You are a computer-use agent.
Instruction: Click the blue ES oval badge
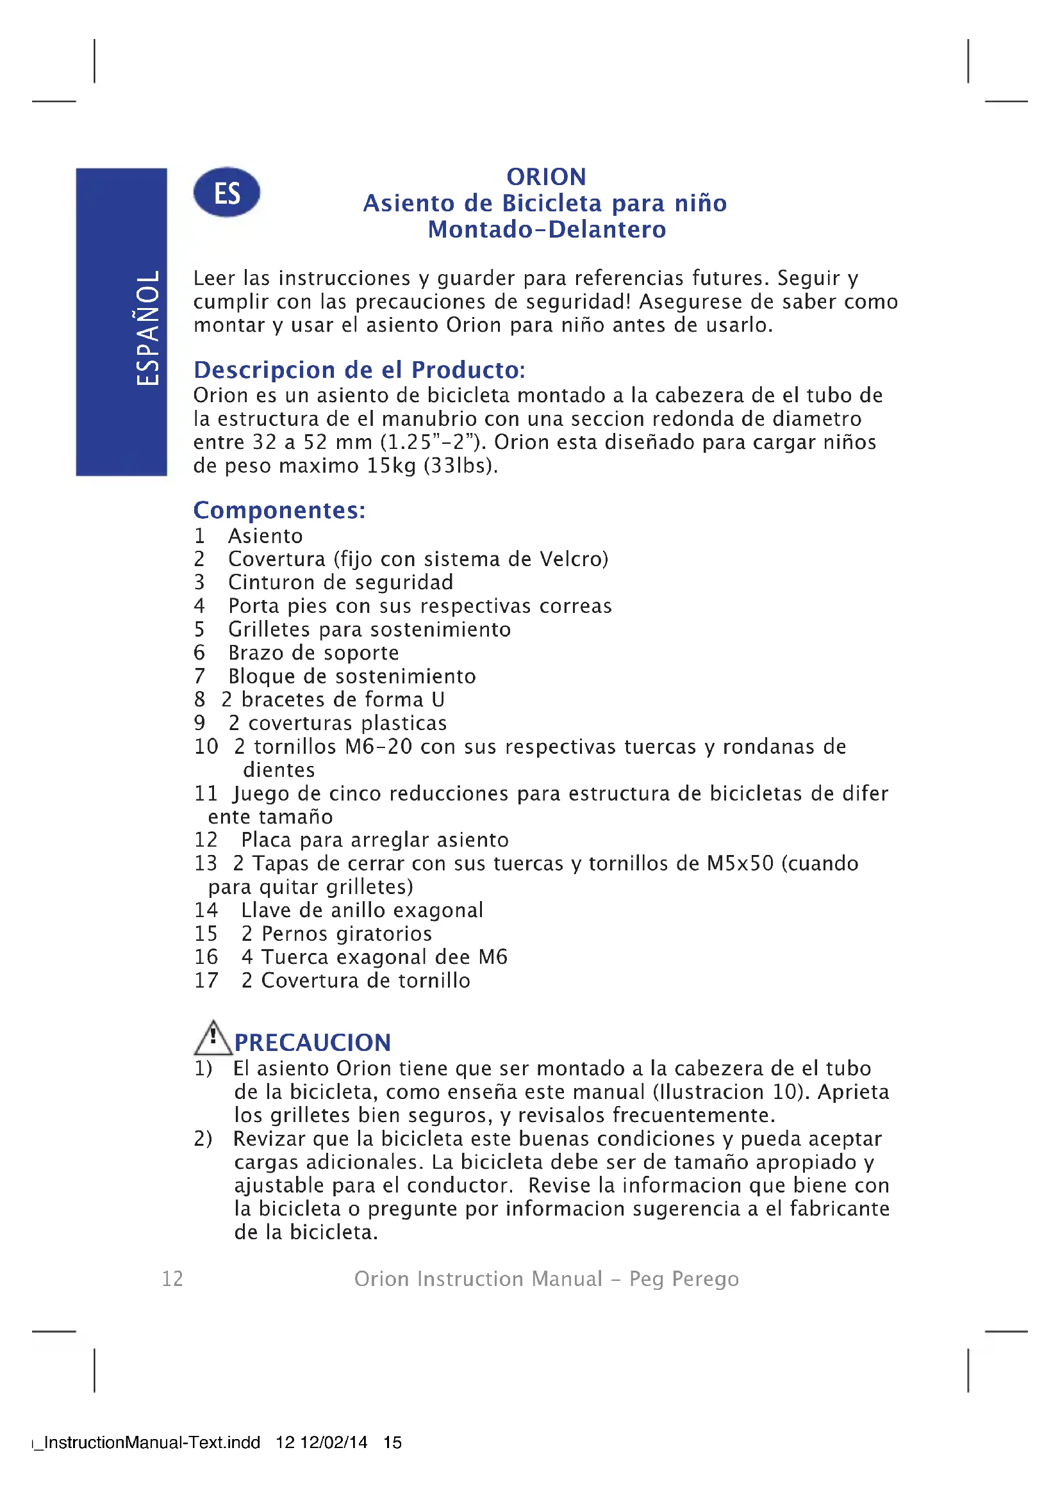226,193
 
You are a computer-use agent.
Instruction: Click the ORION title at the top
546,177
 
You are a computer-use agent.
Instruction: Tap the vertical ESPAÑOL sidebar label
147,327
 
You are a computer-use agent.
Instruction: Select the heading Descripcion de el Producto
359,370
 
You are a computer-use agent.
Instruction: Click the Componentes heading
279,510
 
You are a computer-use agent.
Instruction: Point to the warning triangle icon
213,1038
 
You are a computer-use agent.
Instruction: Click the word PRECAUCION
313,1043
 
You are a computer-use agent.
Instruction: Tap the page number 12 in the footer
172,1278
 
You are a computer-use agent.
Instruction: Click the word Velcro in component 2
571,559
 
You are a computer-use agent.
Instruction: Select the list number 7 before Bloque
200,676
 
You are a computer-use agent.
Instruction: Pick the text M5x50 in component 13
740,863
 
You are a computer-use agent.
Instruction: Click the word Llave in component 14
264,910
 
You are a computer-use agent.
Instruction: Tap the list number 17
206,980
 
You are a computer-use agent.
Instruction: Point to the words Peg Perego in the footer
684,1278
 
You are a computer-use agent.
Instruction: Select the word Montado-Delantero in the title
547,230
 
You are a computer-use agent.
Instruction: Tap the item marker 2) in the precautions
203,1139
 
